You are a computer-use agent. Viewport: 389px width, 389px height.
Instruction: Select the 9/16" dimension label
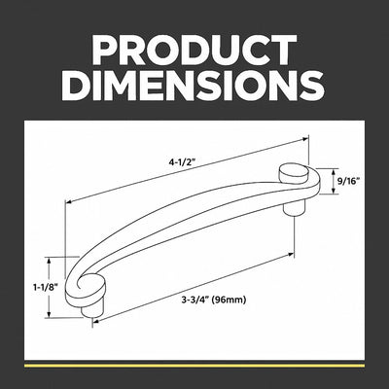pos(348,181)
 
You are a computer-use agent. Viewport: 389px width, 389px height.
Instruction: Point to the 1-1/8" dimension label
pos(44,287)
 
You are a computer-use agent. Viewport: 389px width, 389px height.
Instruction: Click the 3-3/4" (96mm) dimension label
pos(214,300)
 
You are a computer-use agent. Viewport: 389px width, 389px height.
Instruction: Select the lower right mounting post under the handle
pos(294,208)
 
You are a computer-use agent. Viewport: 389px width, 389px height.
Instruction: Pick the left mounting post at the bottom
pos(91,309)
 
